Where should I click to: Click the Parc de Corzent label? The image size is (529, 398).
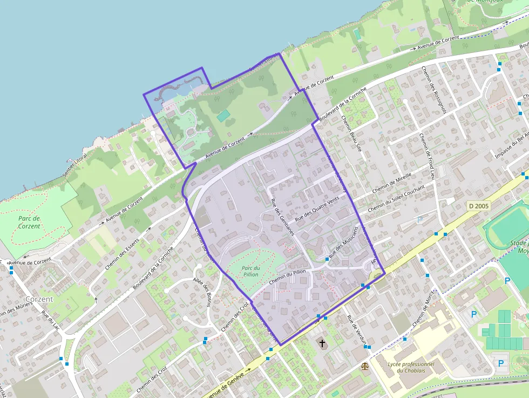tap(29, 222)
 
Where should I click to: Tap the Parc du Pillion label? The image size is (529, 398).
tap(250, 271)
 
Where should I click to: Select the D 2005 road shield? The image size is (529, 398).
tap(479, 206)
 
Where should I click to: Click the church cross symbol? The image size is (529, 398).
tap(322, 343)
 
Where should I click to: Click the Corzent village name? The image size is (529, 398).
tap(39, 299)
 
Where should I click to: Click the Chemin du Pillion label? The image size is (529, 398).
tap(287, 276)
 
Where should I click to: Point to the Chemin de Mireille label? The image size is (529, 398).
tap(392, 184)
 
